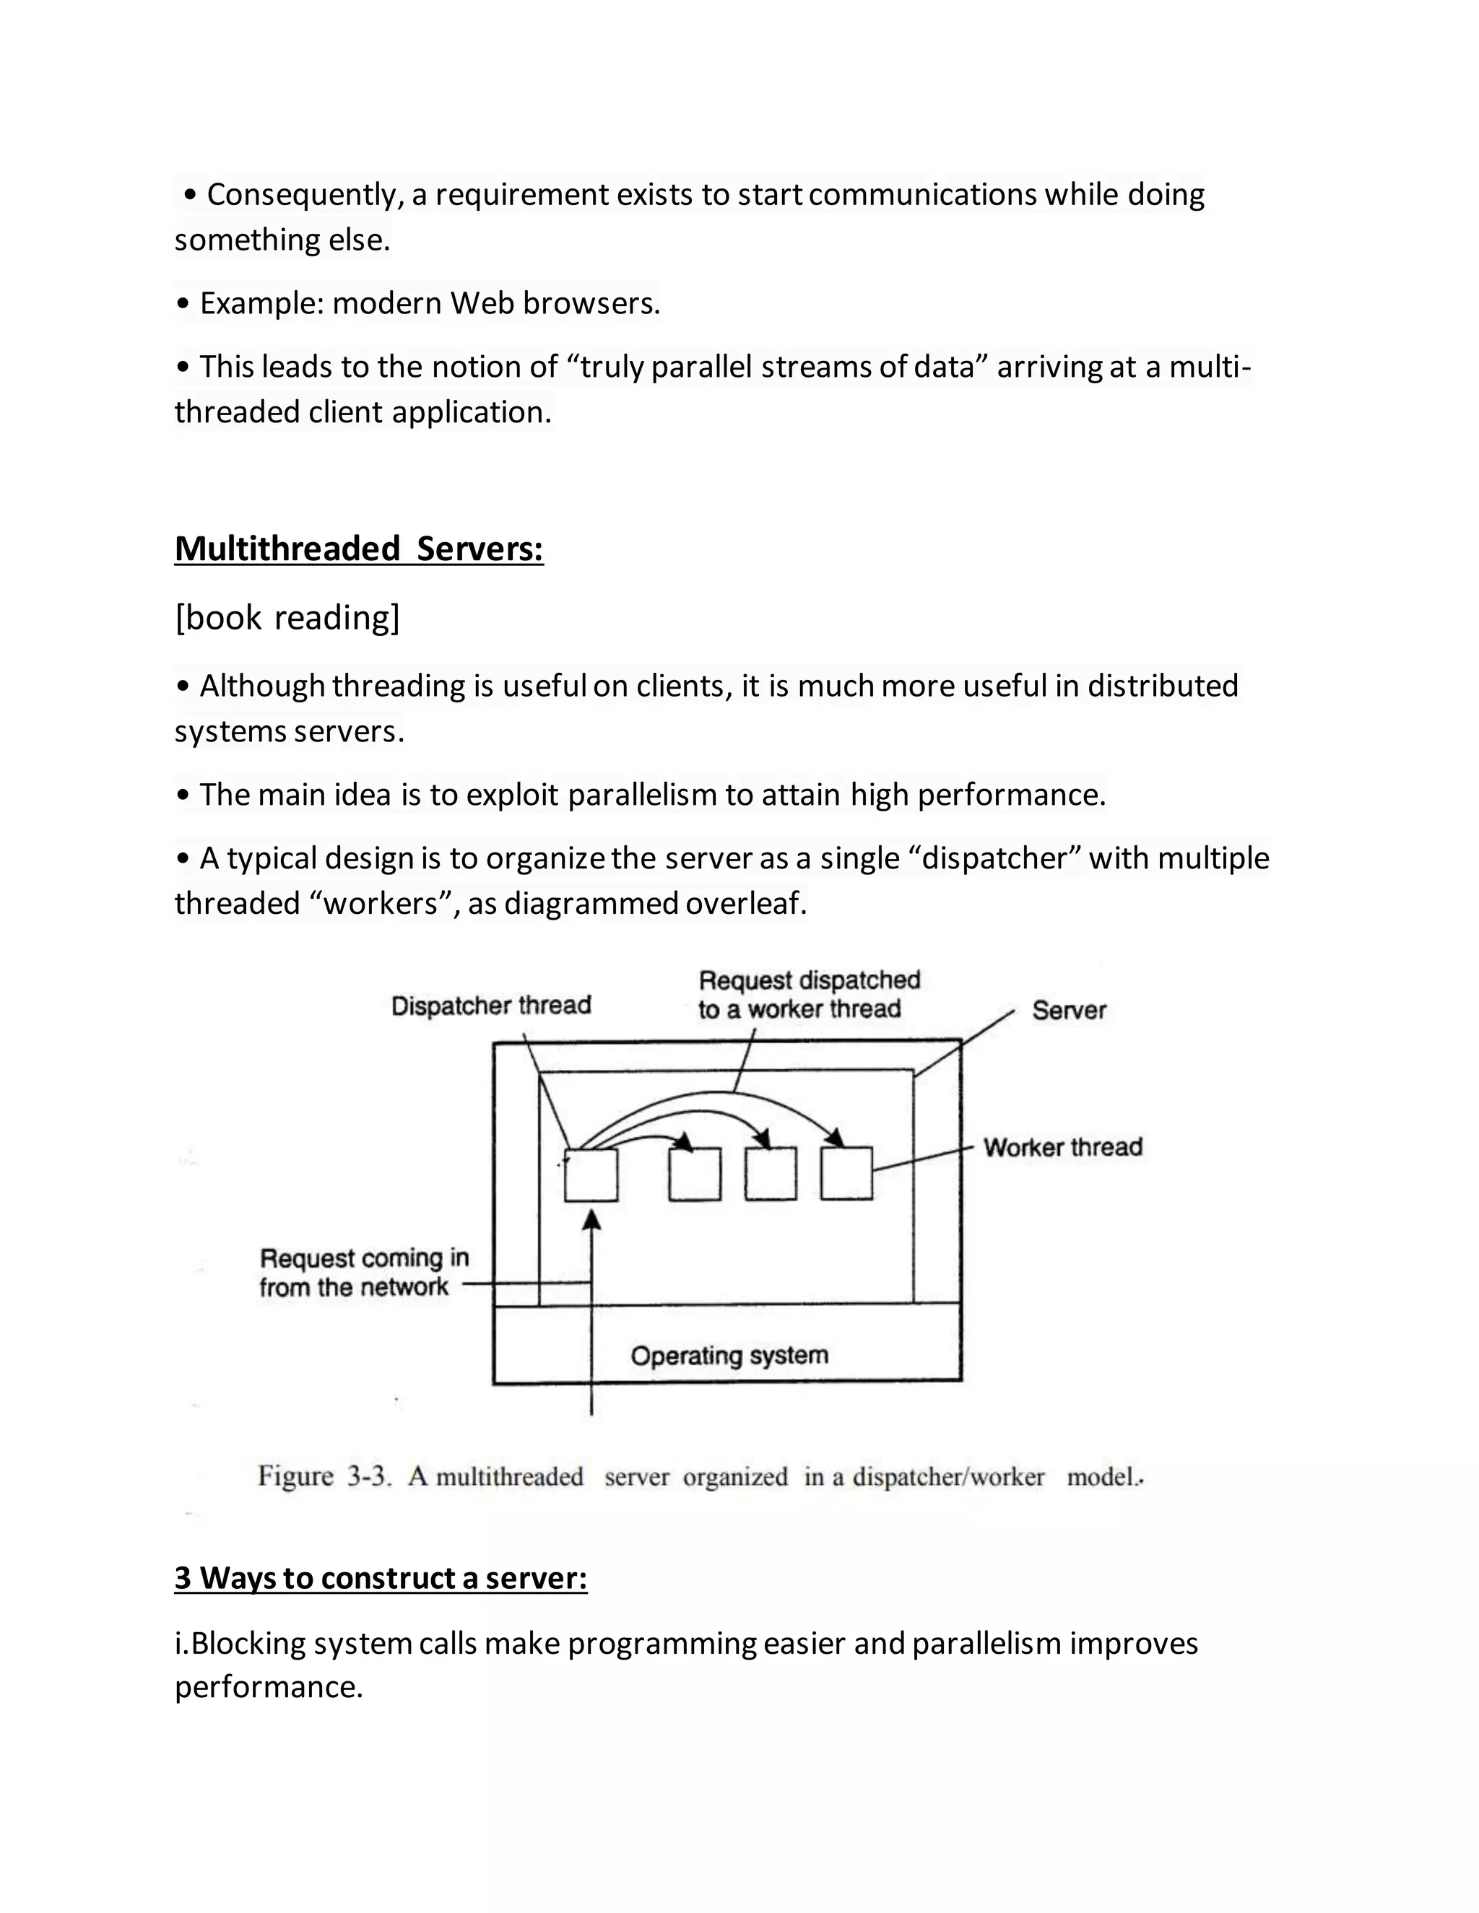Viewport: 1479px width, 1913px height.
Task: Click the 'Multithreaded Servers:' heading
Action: [358, 549]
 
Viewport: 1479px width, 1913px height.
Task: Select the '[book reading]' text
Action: [287, 617]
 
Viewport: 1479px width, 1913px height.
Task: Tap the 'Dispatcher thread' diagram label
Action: [490, 1005]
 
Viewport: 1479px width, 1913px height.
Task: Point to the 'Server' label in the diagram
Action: [1068, 1010]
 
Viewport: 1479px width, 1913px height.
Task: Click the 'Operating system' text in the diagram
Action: [729, 1355]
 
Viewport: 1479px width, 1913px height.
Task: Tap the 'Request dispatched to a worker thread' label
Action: [808, 994]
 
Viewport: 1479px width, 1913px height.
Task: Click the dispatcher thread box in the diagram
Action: [591, 1175]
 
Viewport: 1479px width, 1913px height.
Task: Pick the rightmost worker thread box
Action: [846, 1173]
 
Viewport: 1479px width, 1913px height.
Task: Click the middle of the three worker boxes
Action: [770, 1174]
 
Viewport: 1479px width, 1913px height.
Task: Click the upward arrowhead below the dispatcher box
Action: [592, 1219]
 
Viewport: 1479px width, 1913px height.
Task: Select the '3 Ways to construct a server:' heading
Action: [381, 1577]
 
